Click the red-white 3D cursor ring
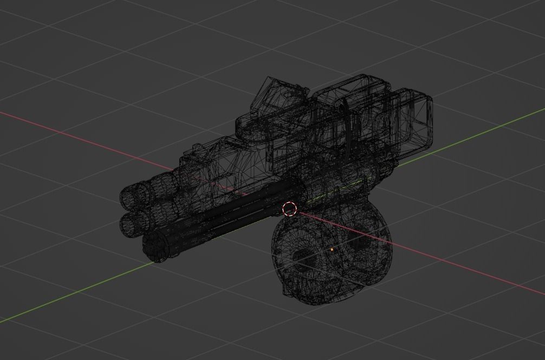(x=290, y=209)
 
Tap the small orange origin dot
(x=332, y=249)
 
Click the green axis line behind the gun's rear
(x=488, y=130)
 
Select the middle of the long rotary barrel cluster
(x=228, y=217)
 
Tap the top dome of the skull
(x=330, y=220)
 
